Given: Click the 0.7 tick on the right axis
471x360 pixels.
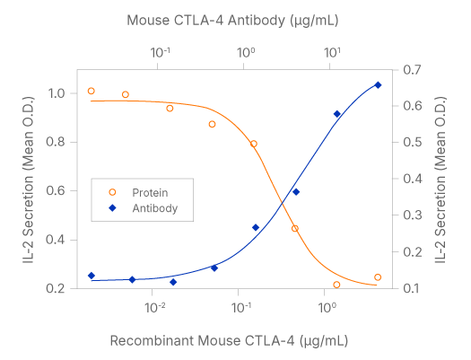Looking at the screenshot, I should pos(412,69).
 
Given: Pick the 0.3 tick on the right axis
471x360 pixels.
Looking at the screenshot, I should pos(412,215).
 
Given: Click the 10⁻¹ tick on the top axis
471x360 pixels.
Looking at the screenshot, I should pos(161,52).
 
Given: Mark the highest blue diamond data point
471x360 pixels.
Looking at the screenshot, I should pos(378,85).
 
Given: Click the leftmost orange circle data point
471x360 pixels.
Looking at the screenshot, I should pos(92,91).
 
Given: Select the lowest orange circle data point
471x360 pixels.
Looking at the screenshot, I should pos(336,285).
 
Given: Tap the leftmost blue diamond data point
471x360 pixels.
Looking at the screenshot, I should pos(92,276).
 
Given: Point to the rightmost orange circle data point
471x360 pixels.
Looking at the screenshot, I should pos(378,277).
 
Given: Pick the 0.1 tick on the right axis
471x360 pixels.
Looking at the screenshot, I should pos(412,288).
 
